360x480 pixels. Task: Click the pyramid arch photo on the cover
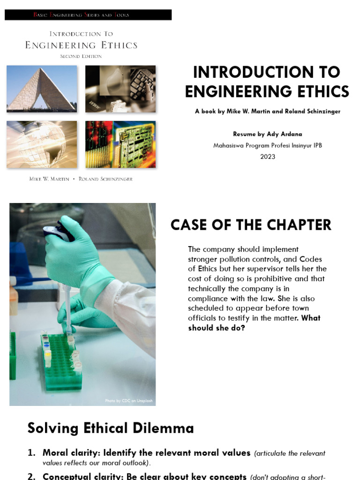[42, 89]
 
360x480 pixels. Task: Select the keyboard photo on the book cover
[120, 89]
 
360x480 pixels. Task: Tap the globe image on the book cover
[42, 144]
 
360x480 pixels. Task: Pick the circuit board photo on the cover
[120, 144]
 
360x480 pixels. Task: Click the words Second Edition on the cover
[81, 56]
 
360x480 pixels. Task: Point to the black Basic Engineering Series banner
[88, 15]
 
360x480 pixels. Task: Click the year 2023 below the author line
[268, 157]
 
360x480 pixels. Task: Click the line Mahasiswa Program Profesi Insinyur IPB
[268, 145]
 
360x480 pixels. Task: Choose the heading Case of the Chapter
[251, 225]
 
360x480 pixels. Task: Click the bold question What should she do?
[255, 323]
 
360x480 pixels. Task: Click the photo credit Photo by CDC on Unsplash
[129, 401]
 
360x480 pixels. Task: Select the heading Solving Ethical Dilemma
[111, 428]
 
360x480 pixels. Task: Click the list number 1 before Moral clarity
[31, 453]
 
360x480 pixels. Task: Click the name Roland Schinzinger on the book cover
[105, 179]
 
